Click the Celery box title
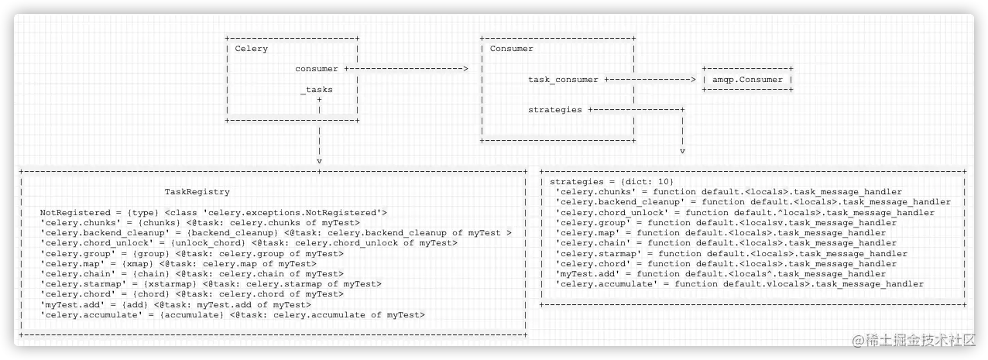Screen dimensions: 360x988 click(251, 49)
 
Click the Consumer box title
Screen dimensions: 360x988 click(511, 49)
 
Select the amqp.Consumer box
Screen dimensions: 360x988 click(748, 79)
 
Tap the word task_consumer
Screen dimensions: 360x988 click(563, 79)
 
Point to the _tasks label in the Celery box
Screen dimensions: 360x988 click(317, 90)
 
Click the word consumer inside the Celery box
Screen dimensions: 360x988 click(317, 69)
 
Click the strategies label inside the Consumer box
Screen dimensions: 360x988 click(555, 110)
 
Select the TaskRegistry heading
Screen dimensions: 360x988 click(197, 192)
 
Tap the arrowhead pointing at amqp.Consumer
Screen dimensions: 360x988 click(693, 79)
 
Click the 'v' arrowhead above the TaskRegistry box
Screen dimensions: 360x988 click(319, 161)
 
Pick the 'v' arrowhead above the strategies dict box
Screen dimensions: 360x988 click(682, 151)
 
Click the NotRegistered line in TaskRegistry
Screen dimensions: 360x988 click(213, 212)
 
